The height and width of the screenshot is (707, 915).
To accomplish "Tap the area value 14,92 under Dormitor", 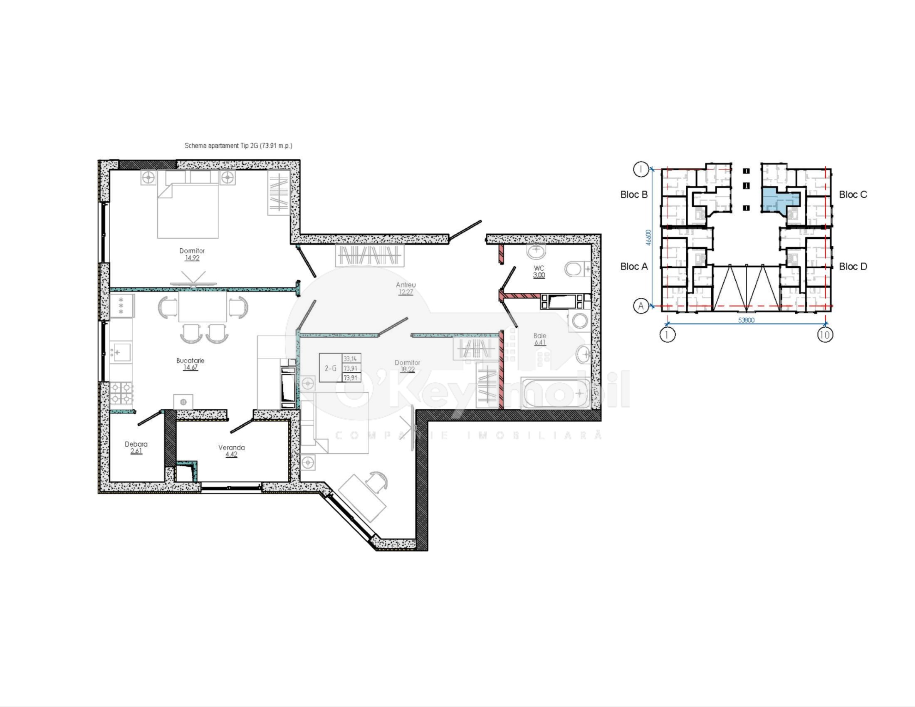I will (192, 258).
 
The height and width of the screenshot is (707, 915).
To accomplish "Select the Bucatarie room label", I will (190, 360).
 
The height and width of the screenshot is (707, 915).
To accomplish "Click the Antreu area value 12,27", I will (406, 292).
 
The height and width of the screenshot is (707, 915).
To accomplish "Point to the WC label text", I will (539, 268).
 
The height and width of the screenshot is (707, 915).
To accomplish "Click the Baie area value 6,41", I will (539, 343).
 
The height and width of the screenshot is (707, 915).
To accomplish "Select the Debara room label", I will (136, 444).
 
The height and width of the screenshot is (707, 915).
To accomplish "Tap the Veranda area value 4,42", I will (231, 455).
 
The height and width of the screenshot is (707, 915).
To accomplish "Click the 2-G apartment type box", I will (330, 368).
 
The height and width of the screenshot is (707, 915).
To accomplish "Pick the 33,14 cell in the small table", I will (350, 359).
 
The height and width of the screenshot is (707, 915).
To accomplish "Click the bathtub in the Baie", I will (555, 393).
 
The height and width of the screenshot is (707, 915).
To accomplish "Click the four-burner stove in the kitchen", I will (121, 394).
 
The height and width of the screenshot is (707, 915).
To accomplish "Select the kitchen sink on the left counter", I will (120, 352).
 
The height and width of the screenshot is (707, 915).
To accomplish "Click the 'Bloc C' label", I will (853, 194).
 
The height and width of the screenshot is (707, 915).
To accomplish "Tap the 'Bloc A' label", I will (634, 267).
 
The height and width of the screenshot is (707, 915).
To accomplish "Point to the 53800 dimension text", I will (746, 320).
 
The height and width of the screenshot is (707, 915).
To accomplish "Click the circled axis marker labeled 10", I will (824, 335).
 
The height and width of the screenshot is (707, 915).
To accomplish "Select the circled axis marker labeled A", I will (640, 306).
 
